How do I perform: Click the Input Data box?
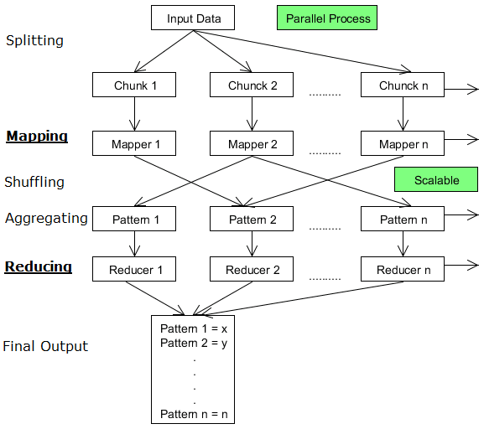(193, 18)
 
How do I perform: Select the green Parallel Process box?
(327, 18)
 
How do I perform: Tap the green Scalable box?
(436, 179)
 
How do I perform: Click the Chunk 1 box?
(134, 85)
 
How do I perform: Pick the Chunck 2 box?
(252, 85)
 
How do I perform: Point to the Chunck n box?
(403, 85)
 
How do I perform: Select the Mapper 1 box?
(134, 143)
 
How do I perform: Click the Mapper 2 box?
(252, 143)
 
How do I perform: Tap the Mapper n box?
(403, 143)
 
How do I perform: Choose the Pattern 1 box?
(134, 219)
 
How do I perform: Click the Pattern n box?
(403, 219)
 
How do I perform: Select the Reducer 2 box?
(252, 269)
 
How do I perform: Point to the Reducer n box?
(403, 269)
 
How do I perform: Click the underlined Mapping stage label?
(37, 137)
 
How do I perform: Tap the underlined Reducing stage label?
(39, 267)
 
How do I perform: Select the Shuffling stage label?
(34, 182)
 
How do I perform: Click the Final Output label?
(45, 346)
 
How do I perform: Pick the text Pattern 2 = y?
(194, 343)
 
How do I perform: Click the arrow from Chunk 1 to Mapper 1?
(134, 114)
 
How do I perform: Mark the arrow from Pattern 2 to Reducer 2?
(252, 244)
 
